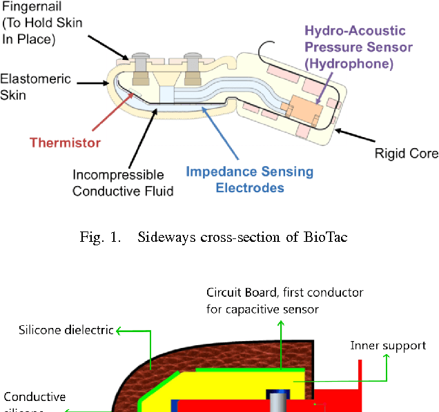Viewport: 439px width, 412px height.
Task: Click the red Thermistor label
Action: (x=65, y=143)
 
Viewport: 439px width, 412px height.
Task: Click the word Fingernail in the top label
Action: (x=27, y=6)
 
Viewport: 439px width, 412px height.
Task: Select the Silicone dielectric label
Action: (x=66, y=330)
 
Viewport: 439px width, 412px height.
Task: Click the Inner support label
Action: (x=388, y=346)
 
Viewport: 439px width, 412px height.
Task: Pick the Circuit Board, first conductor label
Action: (x=284, y=301)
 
